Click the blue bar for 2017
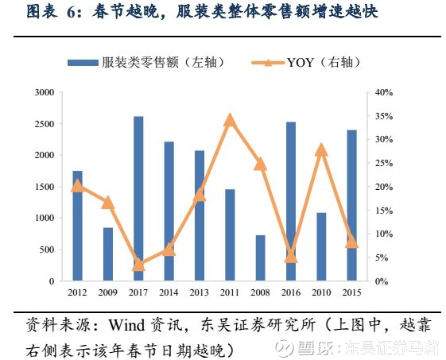click(138, 199)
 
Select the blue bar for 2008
click(260, 257)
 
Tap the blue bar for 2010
click(321, 246)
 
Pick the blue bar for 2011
click(230, 234)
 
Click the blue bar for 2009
click(108, 254)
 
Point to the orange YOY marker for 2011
click(230, 120)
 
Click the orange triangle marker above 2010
click(321, 149)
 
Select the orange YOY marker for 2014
click(169, 250)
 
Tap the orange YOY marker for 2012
click(77, 186)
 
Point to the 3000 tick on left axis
click(45, 93)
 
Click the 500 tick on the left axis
click(47, 250)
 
